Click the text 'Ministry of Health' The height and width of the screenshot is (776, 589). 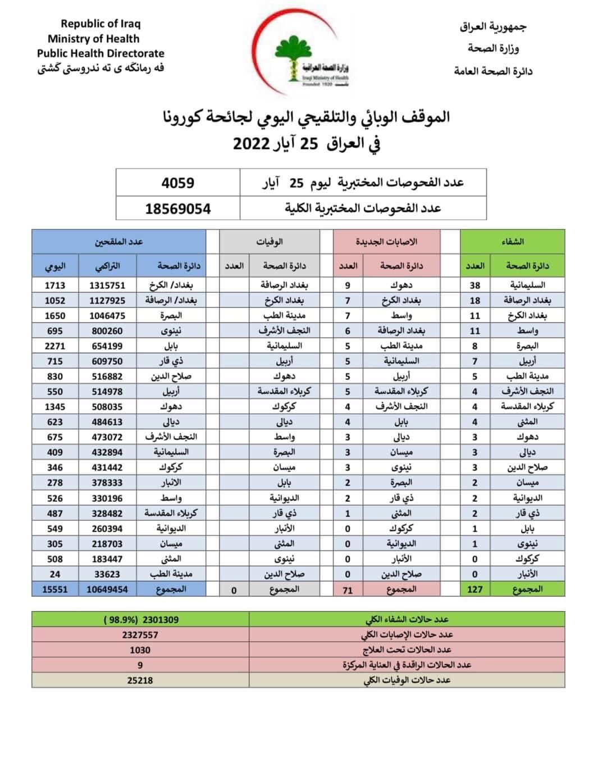pos(93,39)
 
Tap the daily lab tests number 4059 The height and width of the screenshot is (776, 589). pos(177,183)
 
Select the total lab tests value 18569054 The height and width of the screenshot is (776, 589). pos(177,208)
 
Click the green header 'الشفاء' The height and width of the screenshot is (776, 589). pos(512,242)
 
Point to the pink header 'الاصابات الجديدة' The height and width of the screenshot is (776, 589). pos(386,242)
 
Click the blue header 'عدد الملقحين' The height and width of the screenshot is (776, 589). pos(118,242)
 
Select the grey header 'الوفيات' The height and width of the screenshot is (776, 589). pos(270,242)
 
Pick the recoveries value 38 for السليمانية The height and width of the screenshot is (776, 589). pos(475,285)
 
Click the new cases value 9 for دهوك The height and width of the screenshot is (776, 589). pos(348,285)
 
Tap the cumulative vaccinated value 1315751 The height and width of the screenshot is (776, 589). pos(107,285)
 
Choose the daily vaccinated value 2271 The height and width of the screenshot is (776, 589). pos(55,346)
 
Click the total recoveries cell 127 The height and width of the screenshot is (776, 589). pos(475,589)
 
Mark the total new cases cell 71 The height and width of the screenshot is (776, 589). pos(348,590)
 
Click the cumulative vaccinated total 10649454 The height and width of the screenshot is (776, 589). pos(107,589)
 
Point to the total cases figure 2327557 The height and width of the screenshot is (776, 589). pos(140,634)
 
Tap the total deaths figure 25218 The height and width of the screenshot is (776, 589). pos(140,680)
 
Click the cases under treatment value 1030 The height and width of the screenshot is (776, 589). pos(140,650)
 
